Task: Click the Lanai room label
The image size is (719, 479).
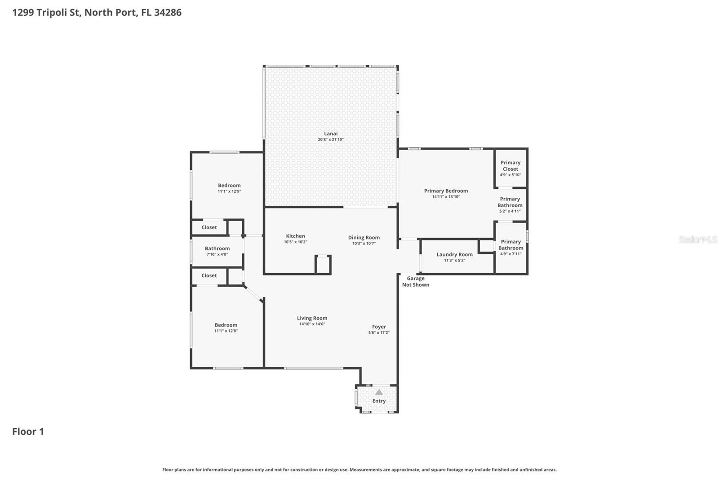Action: coord(331,133)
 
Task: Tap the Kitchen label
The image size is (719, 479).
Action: coord(295,236)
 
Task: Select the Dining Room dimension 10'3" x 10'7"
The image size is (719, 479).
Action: coord(364,244)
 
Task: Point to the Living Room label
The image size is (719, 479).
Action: coord(312,318)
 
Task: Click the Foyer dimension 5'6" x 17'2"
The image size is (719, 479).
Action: coord(379,333)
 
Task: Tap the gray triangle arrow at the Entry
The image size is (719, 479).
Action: coord(379,392)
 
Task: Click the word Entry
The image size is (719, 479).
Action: coord(379,401)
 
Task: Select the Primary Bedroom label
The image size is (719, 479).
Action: coord(446,191)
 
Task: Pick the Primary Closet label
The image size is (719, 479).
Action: coord(510,166)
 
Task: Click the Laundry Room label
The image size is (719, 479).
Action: coord(454,254)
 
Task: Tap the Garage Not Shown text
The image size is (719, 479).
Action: coord(415,282)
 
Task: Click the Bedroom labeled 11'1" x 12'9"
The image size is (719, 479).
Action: coord(229,186)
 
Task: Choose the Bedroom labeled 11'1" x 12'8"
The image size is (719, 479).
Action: coord(226,325)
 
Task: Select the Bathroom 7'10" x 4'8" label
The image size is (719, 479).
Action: coord(217,248)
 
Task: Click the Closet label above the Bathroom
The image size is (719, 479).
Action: coord(209,227)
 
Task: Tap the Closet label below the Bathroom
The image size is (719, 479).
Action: coord(209,275)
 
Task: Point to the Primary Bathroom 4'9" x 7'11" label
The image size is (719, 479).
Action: coord(510,245)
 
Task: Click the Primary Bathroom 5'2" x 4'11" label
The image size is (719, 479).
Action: coord(510,202)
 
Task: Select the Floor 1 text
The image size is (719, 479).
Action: coord(28,431)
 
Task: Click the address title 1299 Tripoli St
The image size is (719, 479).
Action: coord(97,12)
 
